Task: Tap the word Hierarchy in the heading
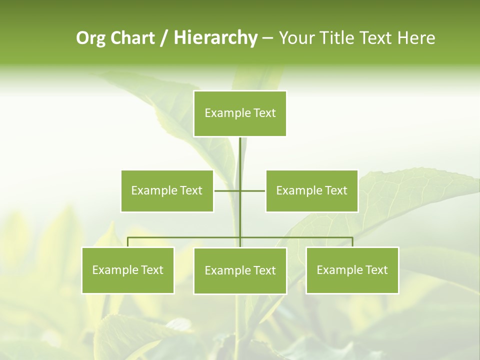tap(215, 38)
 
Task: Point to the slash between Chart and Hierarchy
tap(164, 38)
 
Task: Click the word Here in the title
tap(416, 38)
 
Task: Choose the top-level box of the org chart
tap(240, 113)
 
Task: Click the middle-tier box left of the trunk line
tap(167, 190)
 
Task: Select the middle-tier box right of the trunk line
tap(312, 190)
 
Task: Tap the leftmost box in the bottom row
tap(128, 270)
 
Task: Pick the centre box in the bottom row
tap(240, 270)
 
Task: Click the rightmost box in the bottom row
tap(352, 270)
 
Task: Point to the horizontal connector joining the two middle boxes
tap(252, 190)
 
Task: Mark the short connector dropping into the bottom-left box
tap(128, 242)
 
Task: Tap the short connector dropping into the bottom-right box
tap(352, 242)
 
